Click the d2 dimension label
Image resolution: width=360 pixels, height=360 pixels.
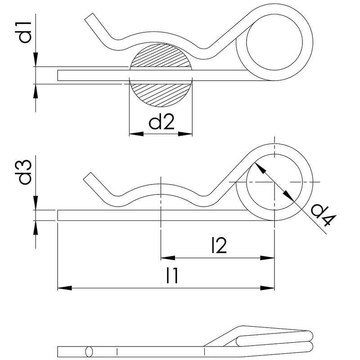pyautogui.click(x=161, y=121)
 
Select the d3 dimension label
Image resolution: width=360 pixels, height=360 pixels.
pyautogui.click(x=25, y=172)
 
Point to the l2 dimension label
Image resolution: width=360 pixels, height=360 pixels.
pyautogui.click(x=218, y=246)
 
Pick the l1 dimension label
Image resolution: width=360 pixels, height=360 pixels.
pyautogui.click(x=172, y=275)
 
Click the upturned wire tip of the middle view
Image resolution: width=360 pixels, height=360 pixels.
pyautogui.click(x=89, y=178)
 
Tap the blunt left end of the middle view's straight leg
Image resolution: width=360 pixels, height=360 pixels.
pyautogui.click(x=58, y=215)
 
